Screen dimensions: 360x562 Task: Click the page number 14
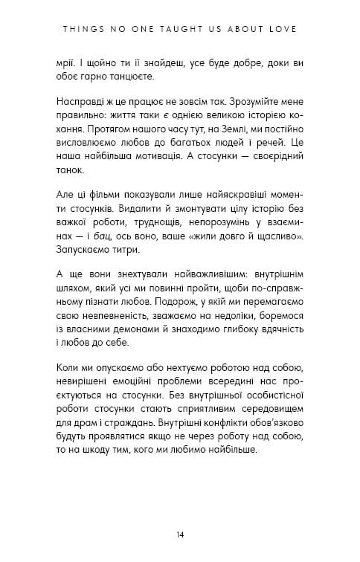[x=180, y=533]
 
